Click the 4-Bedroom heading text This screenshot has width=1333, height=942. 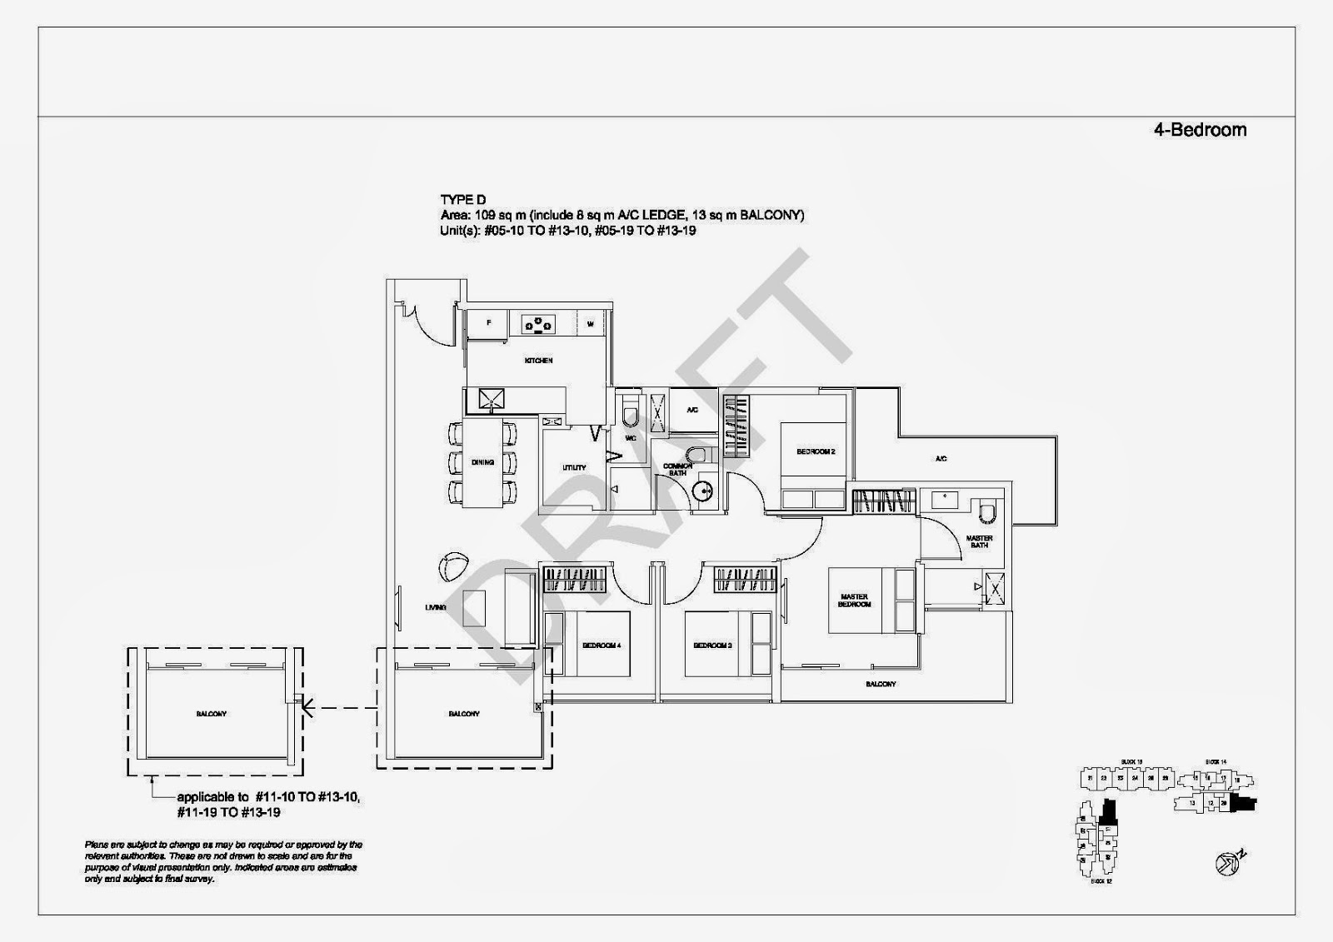click(x=1200, y=130)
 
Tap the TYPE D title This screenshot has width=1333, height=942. click(x=463, y=200)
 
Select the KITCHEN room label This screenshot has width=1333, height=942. click(x=538, y=361)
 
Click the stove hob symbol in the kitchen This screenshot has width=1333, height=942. click(x=539, y=324)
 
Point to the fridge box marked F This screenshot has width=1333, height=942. click(x=489, y=323)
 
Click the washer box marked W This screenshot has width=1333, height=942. click(x=590, y=324)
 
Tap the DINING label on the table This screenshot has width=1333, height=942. click(x=482, y=462)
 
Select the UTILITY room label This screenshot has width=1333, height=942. click(x=574, y=468)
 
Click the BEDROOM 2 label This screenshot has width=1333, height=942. click(x=815, y=451)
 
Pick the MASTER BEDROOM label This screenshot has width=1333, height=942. click(x=854, y=600)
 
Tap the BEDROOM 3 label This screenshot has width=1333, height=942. click(x=712, y=645)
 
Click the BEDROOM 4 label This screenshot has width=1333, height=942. click(x=601, y=645)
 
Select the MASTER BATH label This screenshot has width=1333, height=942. click(x=979, y=541)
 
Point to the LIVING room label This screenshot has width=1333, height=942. click(x=435, y=608)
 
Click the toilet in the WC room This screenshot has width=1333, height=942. click(x=631, y=412)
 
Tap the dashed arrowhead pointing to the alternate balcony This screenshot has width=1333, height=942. click(x=307, y=709)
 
